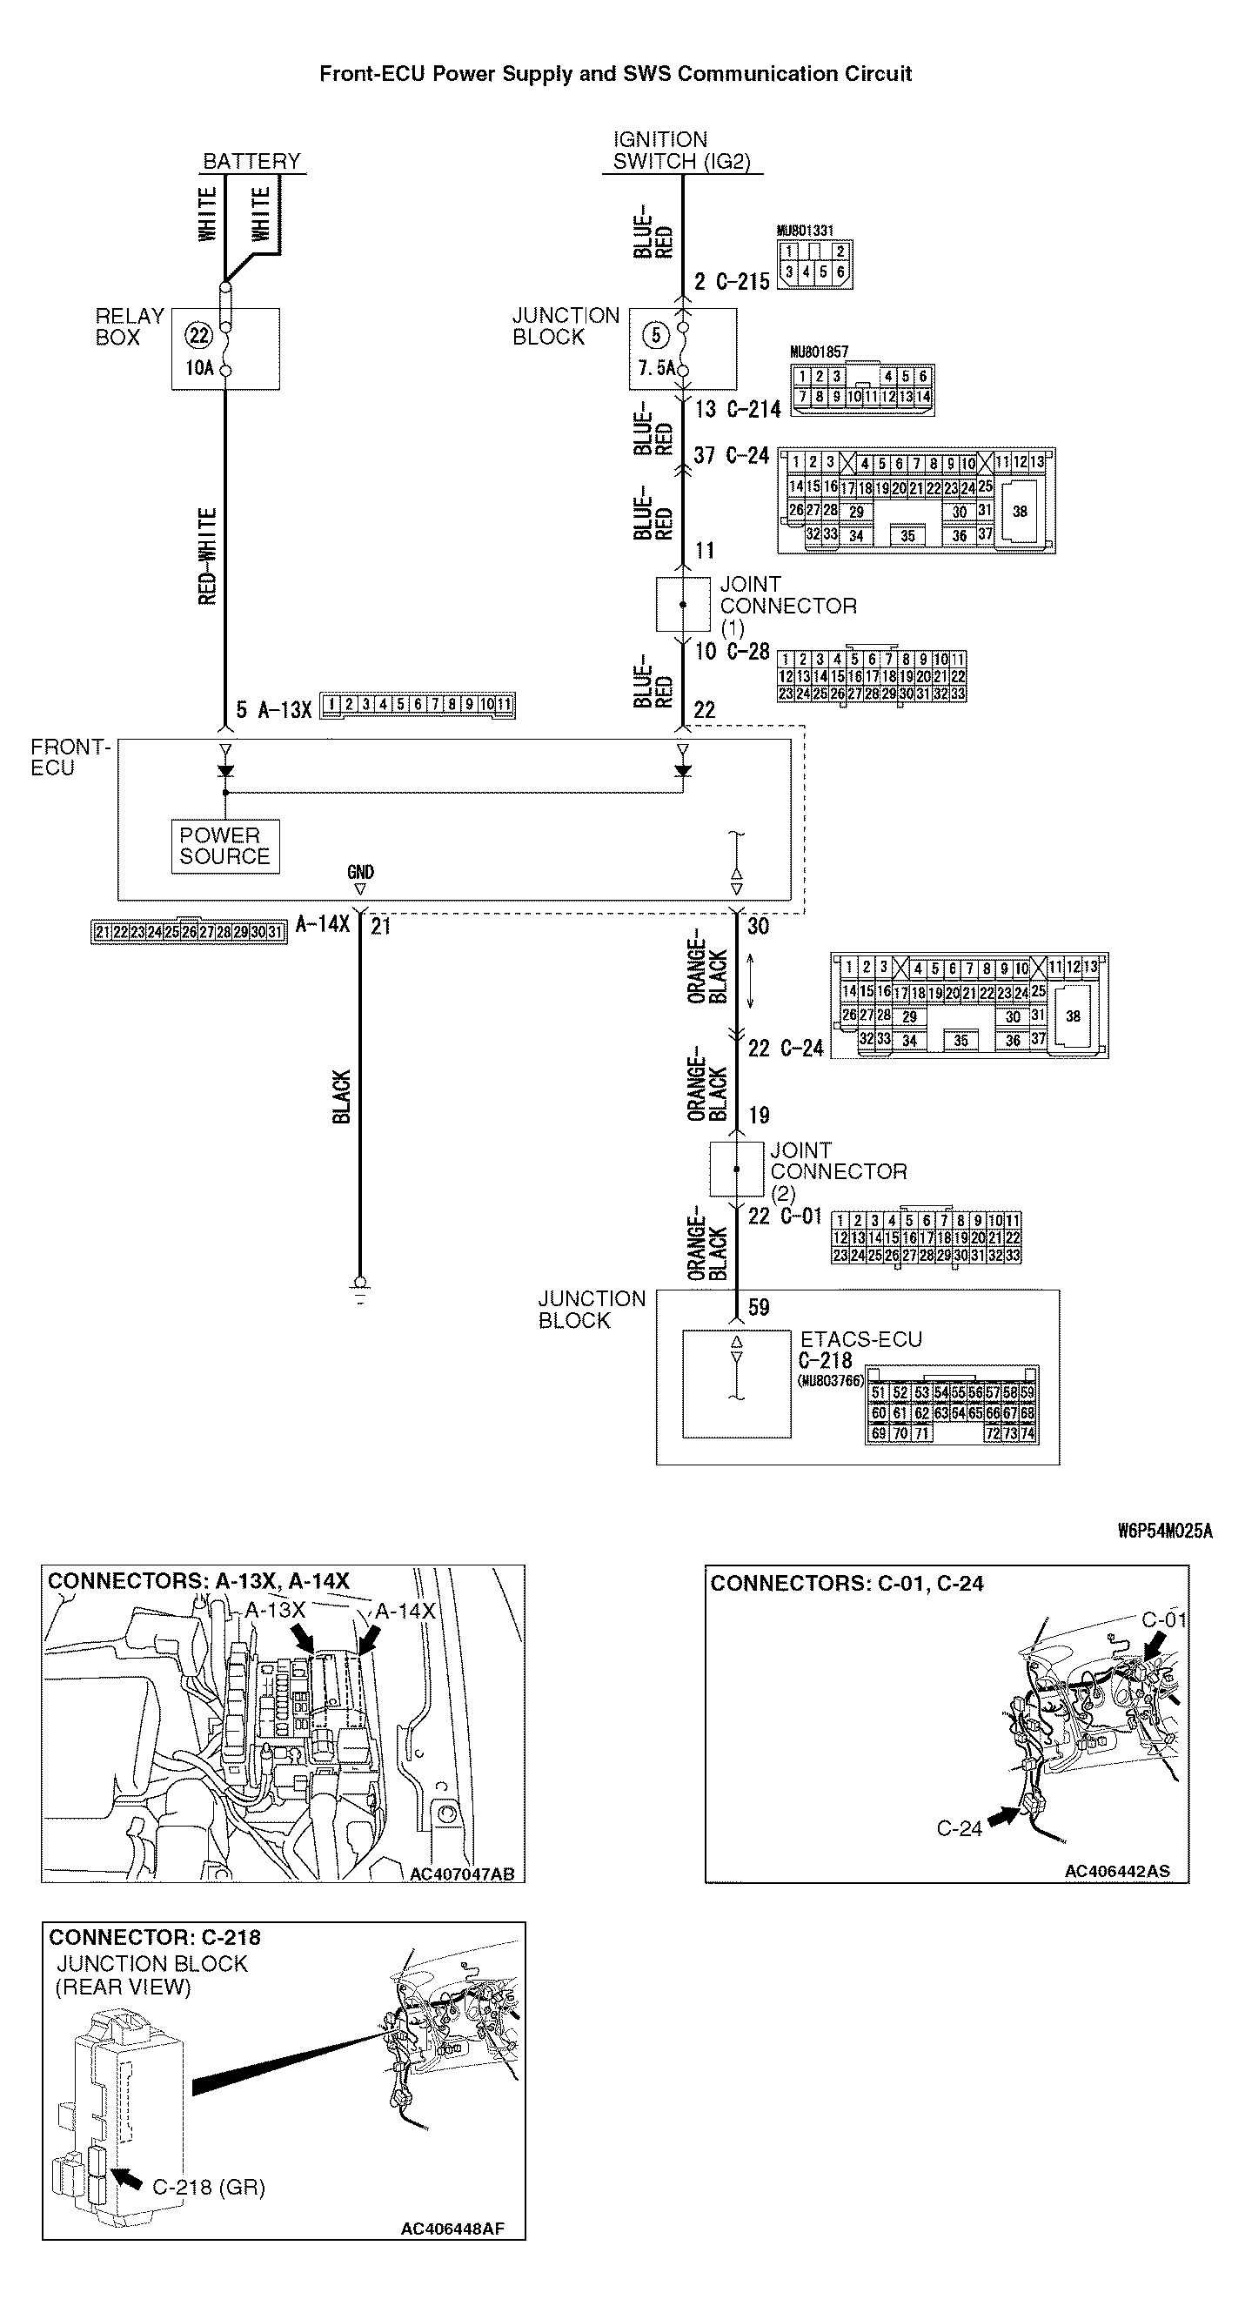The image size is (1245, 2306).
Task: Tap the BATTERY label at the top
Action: [x=251, y=161]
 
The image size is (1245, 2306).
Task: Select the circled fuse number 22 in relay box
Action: [x=197, y=336]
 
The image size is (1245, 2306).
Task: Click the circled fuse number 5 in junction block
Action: [x=656, y=336]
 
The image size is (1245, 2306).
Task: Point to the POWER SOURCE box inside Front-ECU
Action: [x=224, y=846]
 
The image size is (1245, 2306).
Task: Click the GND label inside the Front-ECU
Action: [x=360, y=872]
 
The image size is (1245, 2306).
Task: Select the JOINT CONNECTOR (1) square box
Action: [x=683, y=604]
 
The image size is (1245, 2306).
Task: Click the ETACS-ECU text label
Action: [x=860, y=1339]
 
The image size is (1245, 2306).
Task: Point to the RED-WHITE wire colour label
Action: [x=208, y=556]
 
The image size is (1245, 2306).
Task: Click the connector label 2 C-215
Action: [x=731, y=282]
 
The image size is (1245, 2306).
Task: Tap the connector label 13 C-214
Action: [x=738, y=409]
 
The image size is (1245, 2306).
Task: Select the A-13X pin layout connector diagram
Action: [x=417, y=706]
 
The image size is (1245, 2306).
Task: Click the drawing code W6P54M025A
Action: [x=1164, y=1531]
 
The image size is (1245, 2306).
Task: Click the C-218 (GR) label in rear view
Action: [x=209, y=2187]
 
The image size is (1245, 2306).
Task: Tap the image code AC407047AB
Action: [x=462, y=1874]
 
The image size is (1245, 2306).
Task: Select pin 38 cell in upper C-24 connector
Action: [x=1020, y=511]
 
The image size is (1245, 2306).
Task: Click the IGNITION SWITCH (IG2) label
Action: [x=680, y=151]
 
